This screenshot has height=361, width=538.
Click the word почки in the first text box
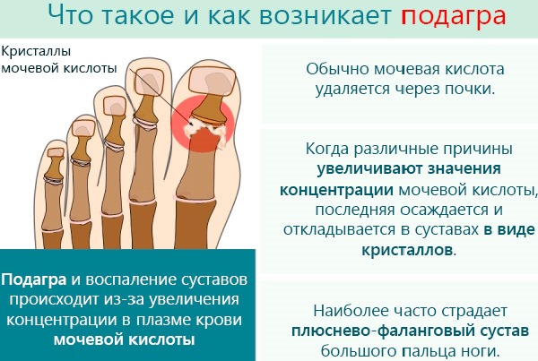click(464, 90)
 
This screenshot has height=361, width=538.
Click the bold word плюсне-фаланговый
click(361, 331)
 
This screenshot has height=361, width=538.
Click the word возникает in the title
click(291, 16)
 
